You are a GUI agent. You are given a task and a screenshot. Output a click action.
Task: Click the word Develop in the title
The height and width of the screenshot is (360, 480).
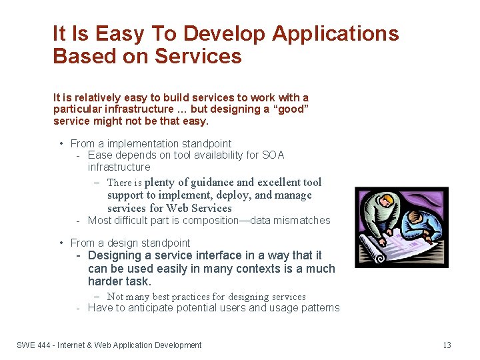pyautogui.click(x=225, y=33)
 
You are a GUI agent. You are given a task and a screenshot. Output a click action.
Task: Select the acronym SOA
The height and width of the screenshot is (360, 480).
pyautogui.click(x=273, y=155)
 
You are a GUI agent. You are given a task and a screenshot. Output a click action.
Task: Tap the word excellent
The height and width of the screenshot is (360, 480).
pyautogui.click(x=279, y=183)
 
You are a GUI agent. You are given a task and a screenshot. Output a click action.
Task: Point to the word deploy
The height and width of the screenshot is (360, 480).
pyautogui.click(x=234, y=195)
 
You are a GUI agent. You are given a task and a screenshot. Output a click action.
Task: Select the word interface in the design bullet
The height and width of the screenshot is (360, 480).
pyautogui.click(x=194, y=255)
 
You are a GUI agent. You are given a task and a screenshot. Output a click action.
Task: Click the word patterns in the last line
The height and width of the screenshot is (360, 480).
pyautogui.click(x=318, y=308)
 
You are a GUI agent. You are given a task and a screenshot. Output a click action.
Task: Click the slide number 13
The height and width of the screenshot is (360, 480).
pyautogui.click(x=447, y=345)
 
